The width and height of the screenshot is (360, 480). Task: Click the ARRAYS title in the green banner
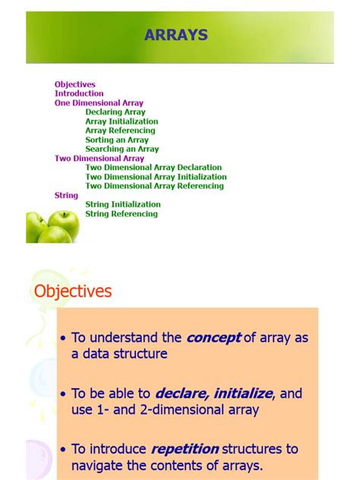click(x=176, y=35)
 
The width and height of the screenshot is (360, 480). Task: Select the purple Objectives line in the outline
click(x=74, y=84)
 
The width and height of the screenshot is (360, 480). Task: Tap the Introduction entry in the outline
click(x=79, y=93)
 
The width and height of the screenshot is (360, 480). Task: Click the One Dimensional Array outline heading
click(x=99, y=103)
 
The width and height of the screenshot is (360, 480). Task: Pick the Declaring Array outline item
click(x=115, y=112)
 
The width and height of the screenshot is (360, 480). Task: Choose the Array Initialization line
click(x=122, y=122)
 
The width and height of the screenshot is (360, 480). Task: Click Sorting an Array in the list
click(x=117, y=140)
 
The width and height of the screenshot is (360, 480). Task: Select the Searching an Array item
click(x=122, y=149)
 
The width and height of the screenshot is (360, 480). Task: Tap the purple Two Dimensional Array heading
click(x=99, y=159)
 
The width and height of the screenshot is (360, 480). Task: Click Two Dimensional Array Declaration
click(x=153, y=168)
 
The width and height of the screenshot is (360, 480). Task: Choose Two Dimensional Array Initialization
click(x=156, y=177)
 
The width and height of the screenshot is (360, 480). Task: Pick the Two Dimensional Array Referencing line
click(x=154, y=186)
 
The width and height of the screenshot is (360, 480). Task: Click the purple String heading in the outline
click(x=66, y=195)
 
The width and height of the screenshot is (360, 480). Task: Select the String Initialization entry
click(x=123, y=204)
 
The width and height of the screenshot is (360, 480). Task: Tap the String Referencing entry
click(x=122, y=214)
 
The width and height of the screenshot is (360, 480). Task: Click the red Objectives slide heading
click(x=73, y=291)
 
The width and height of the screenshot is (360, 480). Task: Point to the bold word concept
click(x=213, y=338)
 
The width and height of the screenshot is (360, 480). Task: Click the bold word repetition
click(x=185, y=449)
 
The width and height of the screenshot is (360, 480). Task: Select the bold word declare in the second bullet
click(x=181, y=393)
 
